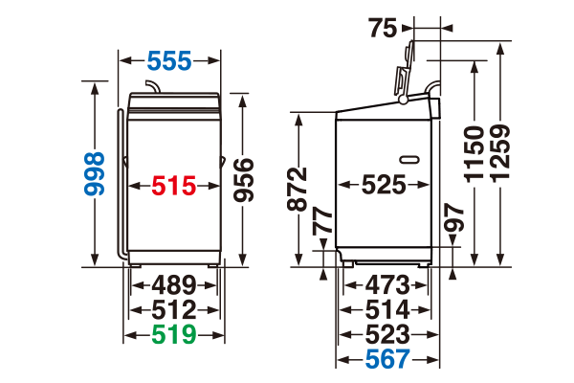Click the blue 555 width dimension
coord(169,60)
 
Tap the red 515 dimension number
coord(174,186)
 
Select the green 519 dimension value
coord(174,334)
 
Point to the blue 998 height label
coord(95,173)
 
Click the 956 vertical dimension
coord(244,180)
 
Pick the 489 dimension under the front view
coord(174,284)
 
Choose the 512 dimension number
coord(174,310)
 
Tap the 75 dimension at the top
coord(383,28)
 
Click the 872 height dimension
coord(297,189)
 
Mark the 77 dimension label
coord(322,221)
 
